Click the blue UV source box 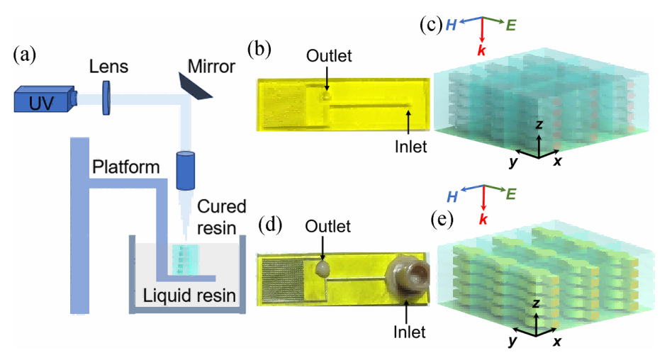[x=42, y=99]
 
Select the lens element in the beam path [x=107, y=96]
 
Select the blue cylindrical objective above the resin [x=186, y=171]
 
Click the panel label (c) [x=432, y=25]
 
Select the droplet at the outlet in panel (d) [x=323, y=267]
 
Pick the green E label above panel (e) [x=510, y=192]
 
